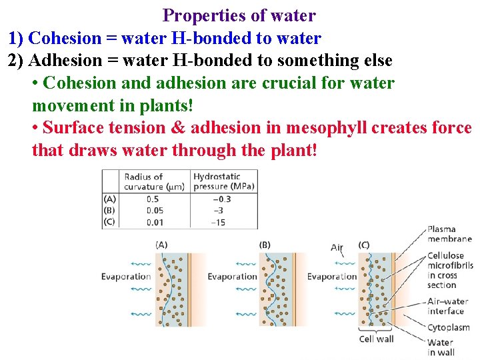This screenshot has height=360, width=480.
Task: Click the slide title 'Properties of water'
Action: [x=239, y=15]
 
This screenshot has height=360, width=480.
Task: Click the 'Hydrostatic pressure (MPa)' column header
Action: [x=223, y=181]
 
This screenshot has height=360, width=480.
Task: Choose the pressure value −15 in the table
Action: [x=218, y=221]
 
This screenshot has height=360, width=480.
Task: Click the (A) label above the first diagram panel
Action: [x=161, y=245]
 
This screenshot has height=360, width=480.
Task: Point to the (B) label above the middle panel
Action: [x=265, y=245]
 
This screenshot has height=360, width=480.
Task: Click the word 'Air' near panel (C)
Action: [x=337, y=247]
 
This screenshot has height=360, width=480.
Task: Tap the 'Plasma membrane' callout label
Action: [x=449, y=234]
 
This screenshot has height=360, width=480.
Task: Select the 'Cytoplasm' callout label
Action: [x=448, y=327]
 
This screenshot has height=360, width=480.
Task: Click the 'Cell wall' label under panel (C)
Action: [x=377, y=339]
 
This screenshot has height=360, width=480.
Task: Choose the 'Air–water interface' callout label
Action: [x=446, y=306]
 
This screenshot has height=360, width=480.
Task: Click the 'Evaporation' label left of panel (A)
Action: [x=126, y=277]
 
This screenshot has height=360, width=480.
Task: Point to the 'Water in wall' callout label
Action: [x=441, y=347]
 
